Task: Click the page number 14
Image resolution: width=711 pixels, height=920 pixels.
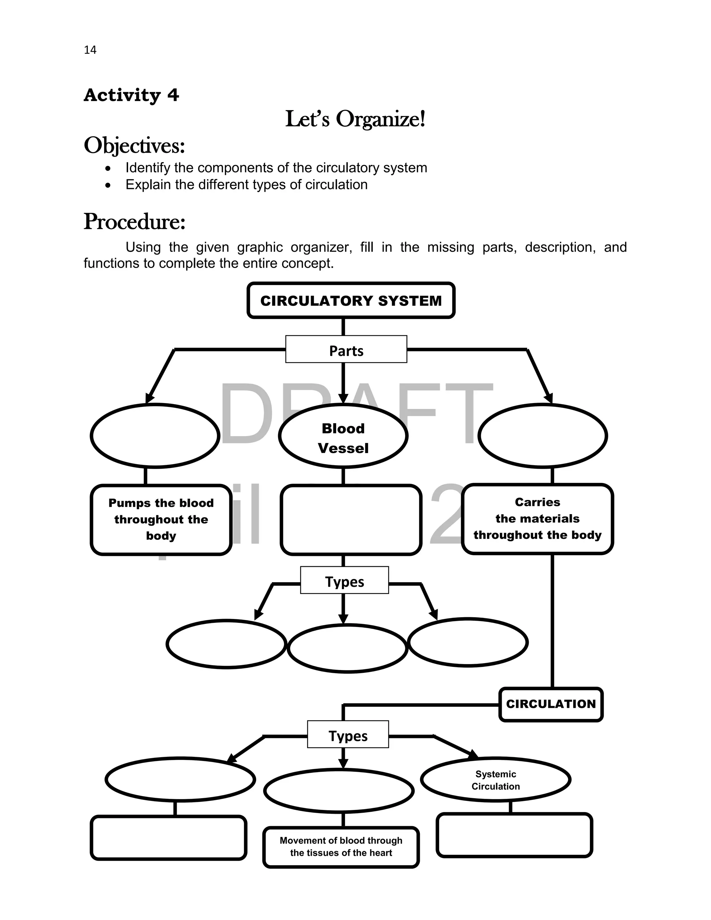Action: [x=90, y=50]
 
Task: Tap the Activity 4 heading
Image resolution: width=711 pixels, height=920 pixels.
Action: [x=132, y=95]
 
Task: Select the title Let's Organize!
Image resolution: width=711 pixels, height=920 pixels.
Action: [x=355, y=119]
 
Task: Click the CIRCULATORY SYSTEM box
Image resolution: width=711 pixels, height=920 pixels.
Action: [x=351, y=301]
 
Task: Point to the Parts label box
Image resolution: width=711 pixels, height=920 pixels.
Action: [x=346, y=350]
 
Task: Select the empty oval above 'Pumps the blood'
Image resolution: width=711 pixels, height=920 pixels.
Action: [x=155, y=436]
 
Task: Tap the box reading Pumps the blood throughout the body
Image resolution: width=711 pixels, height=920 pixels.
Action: [x=161, y=519]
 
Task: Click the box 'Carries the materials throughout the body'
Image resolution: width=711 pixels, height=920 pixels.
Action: [x=537, y=519]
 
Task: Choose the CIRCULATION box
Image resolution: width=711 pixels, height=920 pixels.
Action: [x=551, y=704]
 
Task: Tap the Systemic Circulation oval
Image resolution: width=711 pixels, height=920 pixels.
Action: [x=496, y=779]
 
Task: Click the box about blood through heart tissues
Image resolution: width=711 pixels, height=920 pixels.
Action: [x=341, y=847]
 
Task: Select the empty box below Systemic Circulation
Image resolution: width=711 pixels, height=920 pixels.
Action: [x=514, y=835]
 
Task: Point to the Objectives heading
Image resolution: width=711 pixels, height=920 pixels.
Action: [x=134, y=146]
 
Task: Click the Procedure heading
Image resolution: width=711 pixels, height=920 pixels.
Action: [x=134, y=221]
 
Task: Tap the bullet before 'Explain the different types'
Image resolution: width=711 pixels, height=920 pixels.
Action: [x=108, y=185]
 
